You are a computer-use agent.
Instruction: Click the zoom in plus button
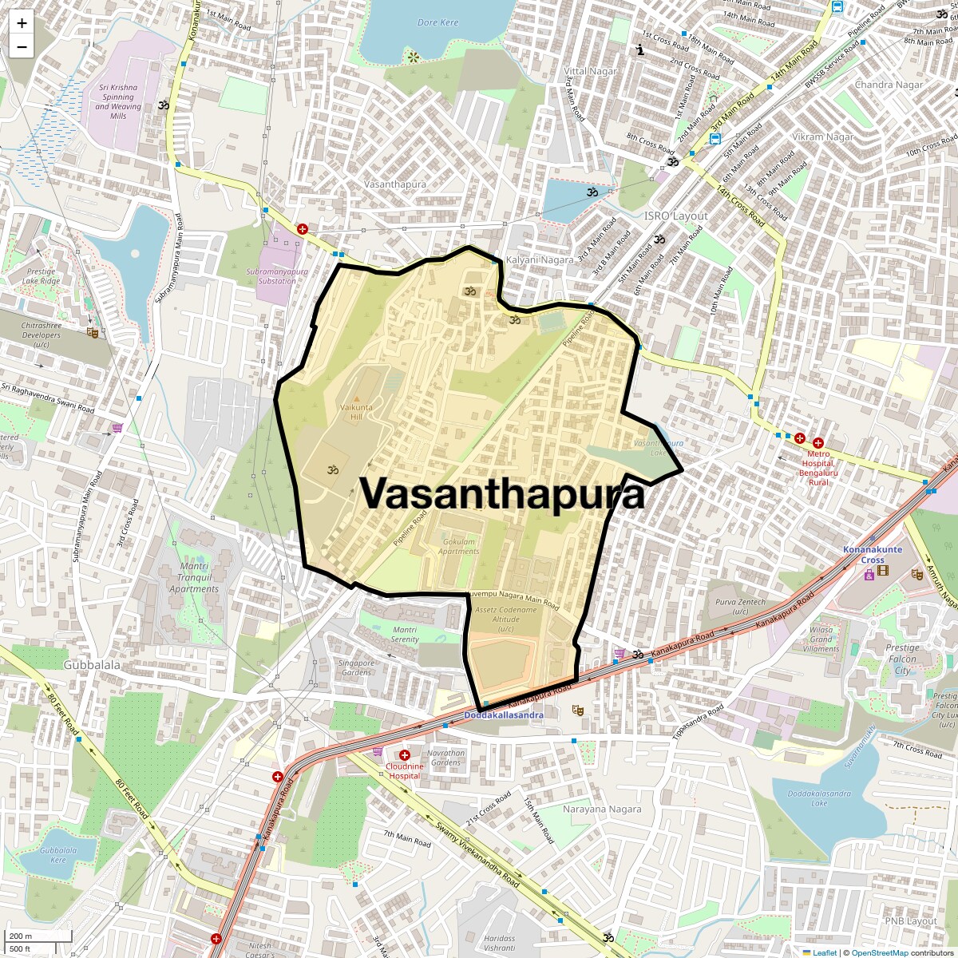tap(22, 23)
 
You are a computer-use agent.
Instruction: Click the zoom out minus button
tap(22, 47)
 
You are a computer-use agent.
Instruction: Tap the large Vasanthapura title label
tap(502, 493)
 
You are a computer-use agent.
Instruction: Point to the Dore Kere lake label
tap(438, 22)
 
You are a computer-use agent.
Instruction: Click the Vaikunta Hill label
tap(356, 411)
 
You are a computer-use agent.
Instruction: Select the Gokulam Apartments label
tap(458, 546)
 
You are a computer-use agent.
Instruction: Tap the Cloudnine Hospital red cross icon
tap(405, 755)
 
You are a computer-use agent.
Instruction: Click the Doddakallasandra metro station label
tap(504, 715)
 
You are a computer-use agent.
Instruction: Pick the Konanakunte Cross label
tap(861, 555)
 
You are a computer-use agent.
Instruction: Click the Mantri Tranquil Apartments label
tap(193, 578)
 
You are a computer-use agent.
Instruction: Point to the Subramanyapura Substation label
tap(277, 276)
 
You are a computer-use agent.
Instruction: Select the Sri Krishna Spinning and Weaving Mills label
tap(118, 101)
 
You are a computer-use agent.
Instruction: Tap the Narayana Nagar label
tap(602, 809)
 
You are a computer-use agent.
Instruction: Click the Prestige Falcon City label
tap(902, 659)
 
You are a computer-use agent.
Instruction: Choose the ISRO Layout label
tap(676, 216)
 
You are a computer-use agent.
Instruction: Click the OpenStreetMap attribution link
tap(879, 952)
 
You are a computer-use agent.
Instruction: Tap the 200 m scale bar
tap(39, 936)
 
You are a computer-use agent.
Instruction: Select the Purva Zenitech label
tap(740, 607)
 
